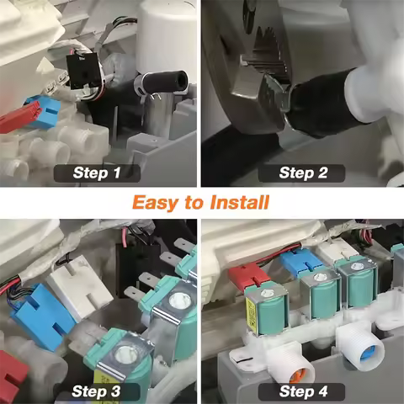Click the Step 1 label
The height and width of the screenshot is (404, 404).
coord(98,173)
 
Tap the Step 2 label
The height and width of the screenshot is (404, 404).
coord(303,173)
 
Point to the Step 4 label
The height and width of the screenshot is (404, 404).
coord(303,391)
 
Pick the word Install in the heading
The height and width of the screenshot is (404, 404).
coord(239,202)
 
